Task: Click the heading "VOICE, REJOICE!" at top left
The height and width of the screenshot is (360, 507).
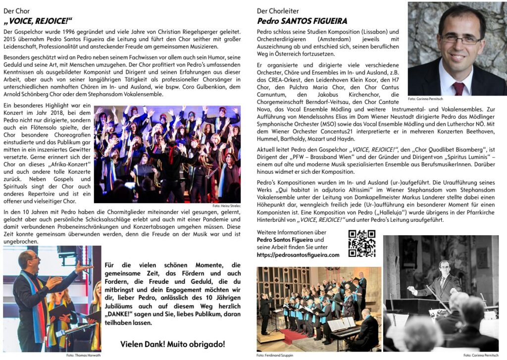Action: coord(38,21)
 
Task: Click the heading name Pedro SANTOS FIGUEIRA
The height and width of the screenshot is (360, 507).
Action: coord(302,21)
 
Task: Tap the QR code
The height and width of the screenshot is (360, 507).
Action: coord(361,243)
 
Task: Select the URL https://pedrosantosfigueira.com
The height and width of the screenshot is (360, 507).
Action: coord(298,255)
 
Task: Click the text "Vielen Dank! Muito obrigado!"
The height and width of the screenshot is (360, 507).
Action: coord(172,344)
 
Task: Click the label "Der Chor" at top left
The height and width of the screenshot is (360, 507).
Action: coord(16,10)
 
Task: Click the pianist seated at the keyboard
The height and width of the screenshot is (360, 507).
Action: coord(366,324)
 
